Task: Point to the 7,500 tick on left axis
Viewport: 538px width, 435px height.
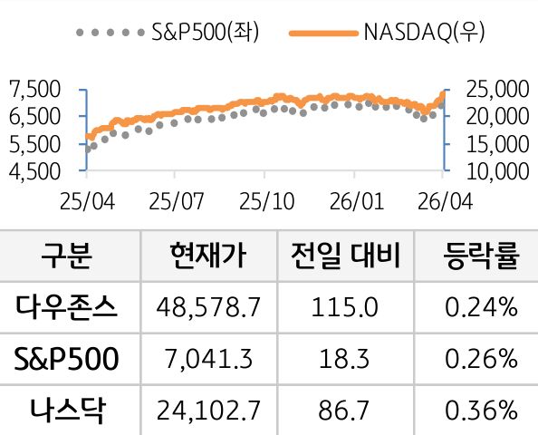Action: (x=33, y=89)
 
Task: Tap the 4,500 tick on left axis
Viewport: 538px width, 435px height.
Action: (x=33, y=169)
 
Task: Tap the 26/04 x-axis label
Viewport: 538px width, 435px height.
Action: (x=444, y=198)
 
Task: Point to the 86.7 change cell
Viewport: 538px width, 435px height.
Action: (x=344, y=411)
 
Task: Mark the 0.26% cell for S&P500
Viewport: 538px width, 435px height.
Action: (x=481, y=360)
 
